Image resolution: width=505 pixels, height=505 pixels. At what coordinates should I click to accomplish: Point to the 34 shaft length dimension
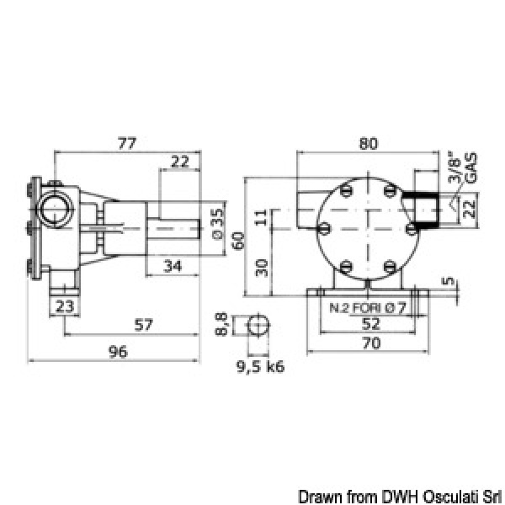click(173, 266)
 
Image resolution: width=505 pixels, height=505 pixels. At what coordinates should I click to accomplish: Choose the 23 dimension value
click(65, 306)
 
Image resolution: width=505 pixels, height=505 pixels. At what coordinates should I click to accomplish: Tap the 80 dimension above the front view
click(368, 144)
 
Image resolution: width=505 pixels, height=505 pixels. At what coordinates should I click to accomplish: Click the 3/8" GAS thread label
click(465, 167)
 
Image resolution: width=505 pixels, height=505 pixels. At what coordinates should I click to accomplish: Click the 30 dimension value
click(262, 267)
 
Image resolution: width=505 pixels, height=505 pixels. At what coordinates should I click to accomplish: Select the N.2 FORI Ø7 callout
click(367, 307)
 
